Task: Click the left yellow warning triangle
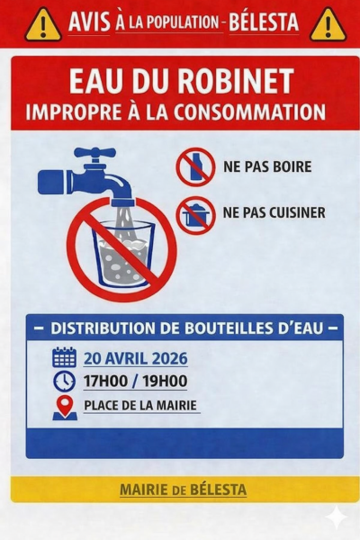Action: (x=42, y=26)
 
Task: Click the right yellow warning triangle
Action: (x=328, y=26)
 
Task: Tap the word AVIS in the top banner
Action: (x=90, y=22)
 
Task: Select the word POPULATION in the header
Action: (x=184, y=23)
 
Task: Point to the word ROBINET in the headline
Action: (x=236, y=82)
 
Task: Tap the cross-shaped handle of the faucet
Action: (x=94, y=155)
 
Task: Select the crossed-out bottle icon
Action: (x=195, y=167)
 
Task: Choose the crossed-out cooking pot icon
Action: (x=195, y=215)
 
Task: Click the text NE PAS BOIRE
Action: (x=267, y=166)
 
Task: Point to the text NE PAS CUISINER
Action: (x=274, y=212)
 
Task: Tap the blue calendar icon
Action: (x=64, y=357)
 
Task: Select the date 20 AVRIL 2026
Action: (x=136, y=358)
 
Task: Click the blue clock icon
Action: (x=64, y=381)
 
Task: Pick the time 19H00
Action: (x=165, y=382)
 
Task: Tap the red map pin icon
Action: (x=65, y=408)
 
